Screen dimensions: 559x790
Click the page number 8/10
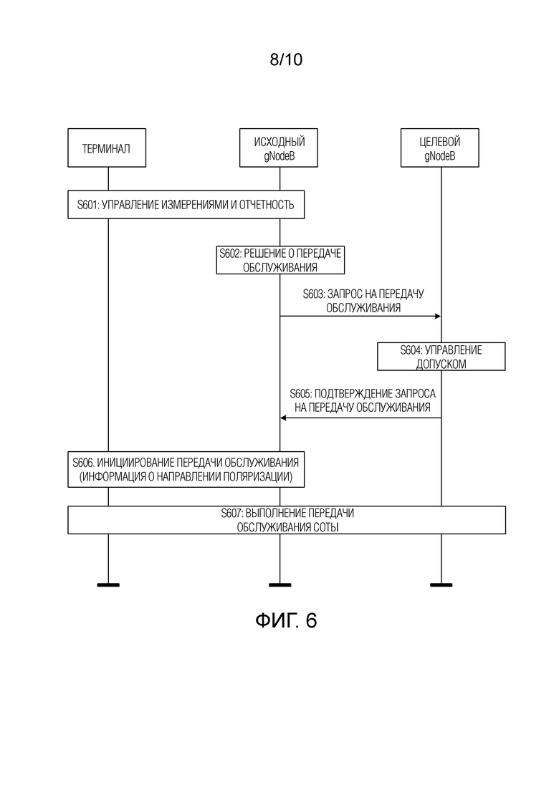[286, 59]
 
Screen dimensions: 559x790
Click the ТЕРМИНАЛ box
[107, 148]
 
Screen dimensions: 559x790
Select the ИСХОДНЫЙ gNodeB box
[279, 148]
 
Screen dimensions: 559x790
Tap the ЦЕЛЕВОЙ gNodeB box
[439, 148]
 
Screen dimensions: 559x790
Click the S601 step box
[186, 205]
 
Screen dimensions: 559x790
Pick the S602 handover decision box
[280, 260]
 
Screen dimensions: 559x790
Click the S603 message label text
[363, 301]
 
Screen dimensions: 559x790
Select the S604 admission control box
[441, 357]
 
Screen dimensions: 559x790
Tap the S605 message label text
[363, 400]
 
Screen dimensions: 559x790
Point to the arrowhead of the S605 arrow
[283, 418]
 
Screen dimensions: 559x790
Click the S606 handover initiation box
[186, 470]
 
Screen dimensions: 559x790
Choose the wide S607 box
[287, 520]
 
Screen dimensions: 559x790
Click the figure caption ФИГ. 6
[286, 620]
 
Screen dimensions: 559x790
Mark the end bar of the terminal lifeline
[108, 585]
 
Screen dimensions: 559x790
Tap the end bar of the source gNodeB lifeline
[279, 585]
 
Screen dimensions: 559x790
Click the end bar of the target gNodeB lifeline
[441, 585]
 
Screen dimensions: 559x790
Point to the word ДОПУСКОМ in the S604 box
[441, 365]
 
